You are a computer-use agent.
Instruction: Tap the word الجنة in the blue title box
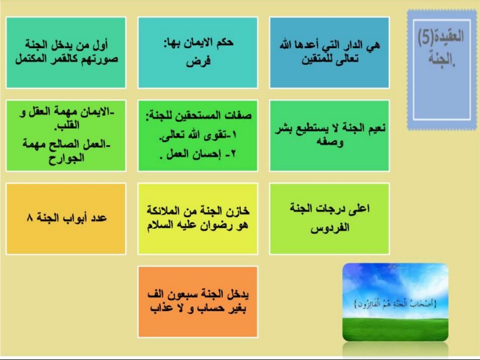click(441, 58)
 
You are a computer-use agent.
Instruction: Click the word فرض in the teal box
click(198, 61)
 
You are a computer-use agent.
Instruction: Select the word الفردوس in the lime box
click(329, 228)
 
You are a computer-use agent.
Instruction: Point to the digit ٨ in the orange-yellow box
click(30, 218)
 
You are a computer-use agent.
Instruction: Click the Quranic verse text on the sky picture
click(395, 303)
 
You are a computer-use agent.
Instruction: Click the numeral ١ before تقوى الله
click(234, 135)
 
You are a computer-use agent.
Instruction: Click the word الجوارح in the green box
click(66, 158)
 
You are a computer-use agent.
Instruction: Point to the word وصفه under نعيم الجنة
click(329, 142)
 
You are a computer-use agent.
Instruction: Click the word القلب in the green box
click(67, 125)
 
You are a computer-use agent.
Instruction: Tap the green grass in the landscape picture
click(395, 329)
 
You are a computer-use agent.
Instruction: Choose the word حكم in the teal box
click(225, 42)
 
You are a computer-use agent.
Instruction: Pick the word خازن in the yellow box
click(237, 211)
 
